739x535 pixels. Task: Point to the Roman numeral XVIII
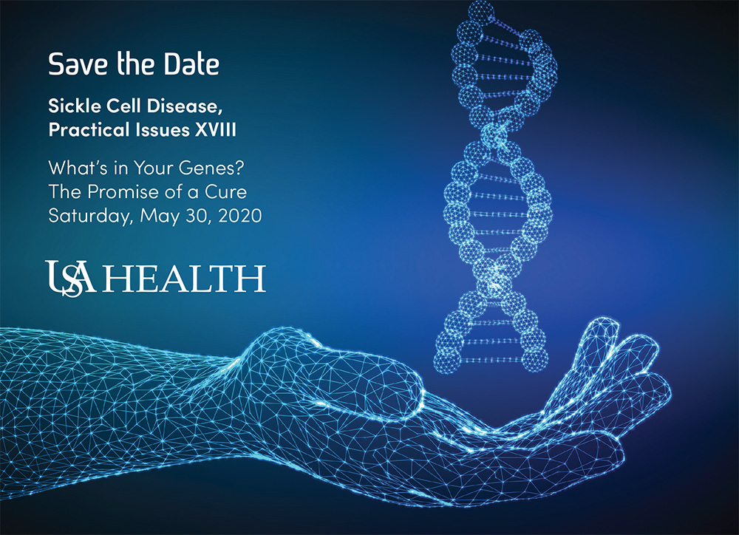(216, 129)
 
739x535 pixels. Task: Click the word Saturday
(90, 216)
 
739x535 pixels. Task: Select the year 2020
(240, 216)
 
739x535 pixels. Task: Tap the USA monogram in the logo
(71, 279)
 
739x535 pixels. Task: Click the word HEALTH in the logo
(184, 279)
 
